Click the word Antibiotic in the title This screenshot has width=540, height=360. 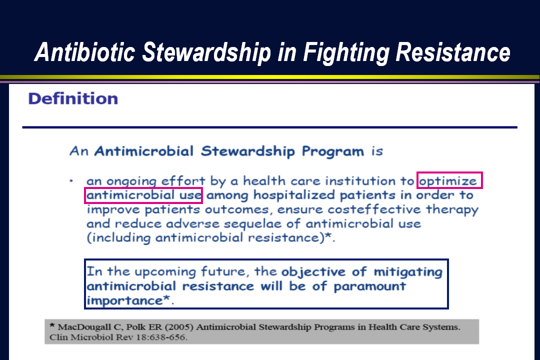tap(84, 52)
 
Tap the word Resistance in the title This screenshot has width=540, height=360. tap(453, 52)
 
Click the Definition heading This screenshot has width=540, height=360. tap(73, 98)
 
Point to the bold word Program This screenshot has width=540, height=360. tap(332, 151)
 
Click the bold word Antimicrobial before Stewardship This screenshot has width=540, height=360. tap(144, 151)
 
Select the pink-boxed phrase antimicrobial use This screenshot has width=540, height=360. tap(143, 195)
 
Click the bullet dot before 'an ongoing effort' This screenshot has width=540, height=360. tap(71, 181)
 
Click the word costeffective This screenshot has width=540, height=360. tap(374, 209)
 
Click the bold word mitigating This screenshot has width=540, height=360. tap(408, 272)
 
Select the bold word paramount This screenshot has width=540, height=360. tap(370, 286)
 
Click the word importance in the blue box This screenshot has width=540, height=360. tap(124, 300)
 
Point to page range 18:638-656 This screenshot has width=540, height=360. tap(161, 337)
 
